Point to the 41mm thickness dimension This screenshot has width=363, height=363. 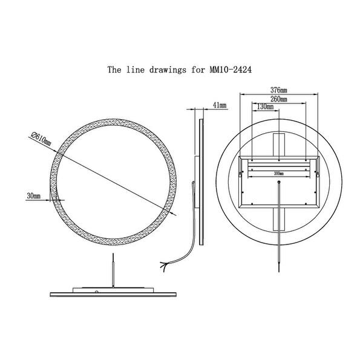220,106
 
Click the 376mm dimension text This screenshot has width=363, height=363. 278,90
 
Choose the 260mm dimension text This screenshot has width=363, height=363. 278,98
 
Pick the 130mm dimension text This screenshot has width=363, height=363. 265,106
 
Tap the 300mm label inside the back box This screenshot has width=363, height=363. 278,173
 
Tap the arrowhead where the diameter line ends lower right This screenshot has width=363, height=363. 175,214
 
